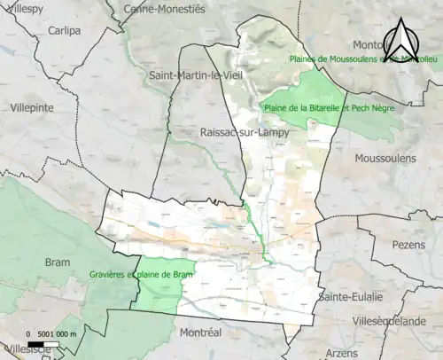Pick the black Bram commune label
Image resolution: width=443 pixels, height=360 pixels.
(x=58, y=262)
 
